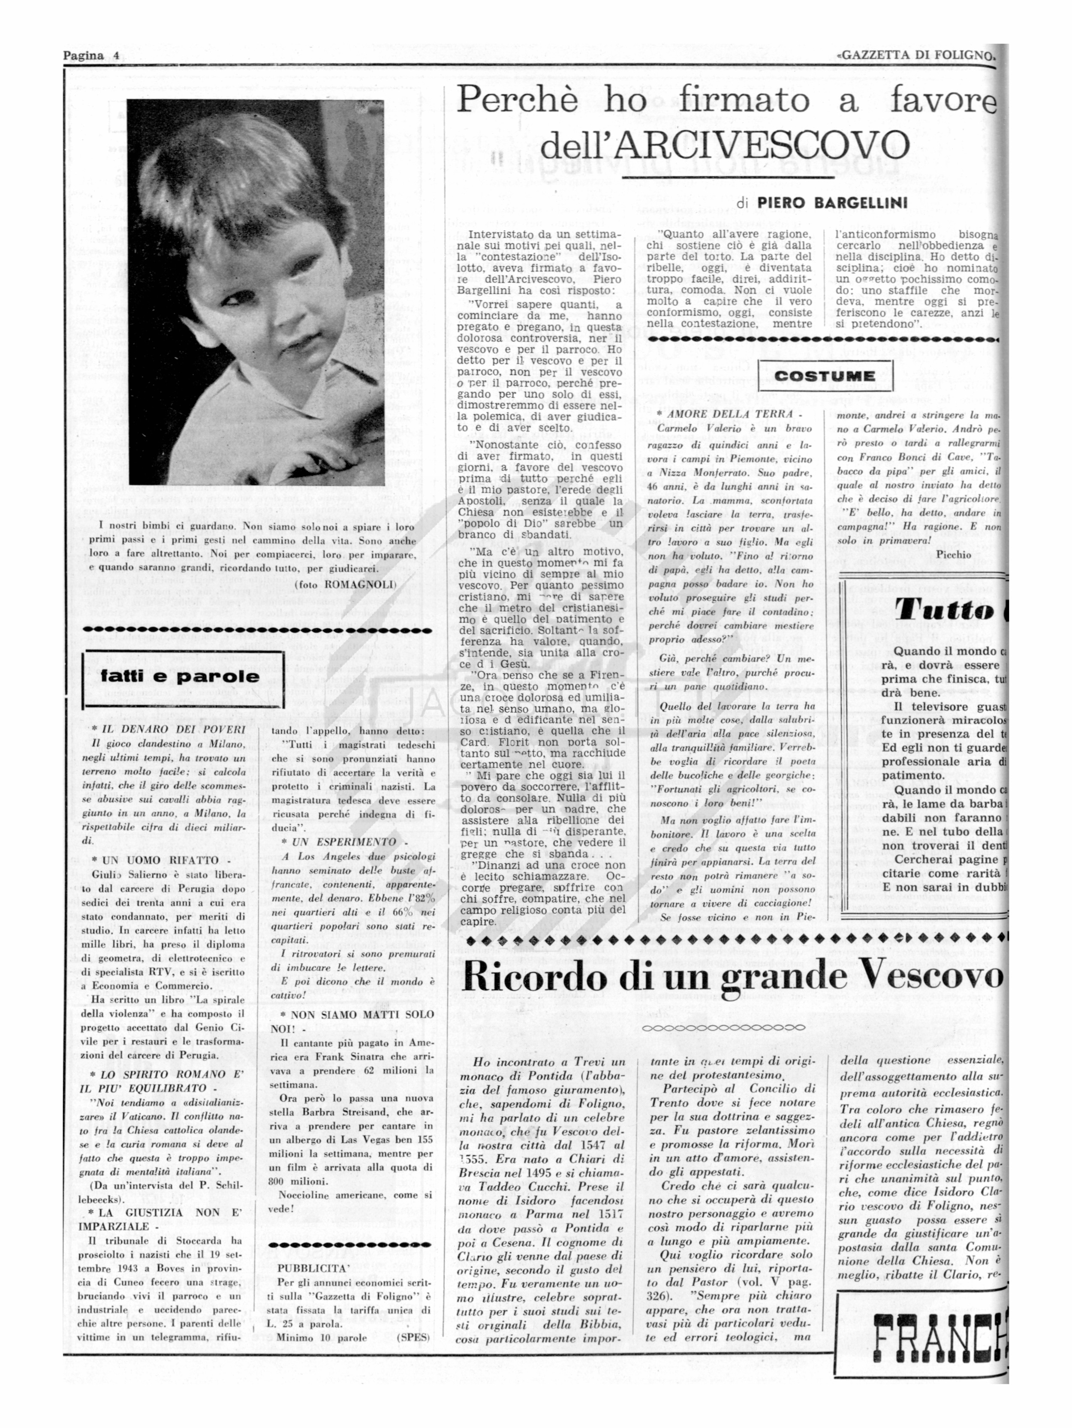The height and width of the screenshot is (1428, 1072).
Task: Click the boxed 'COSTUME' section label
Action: (x=825, y=376)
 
